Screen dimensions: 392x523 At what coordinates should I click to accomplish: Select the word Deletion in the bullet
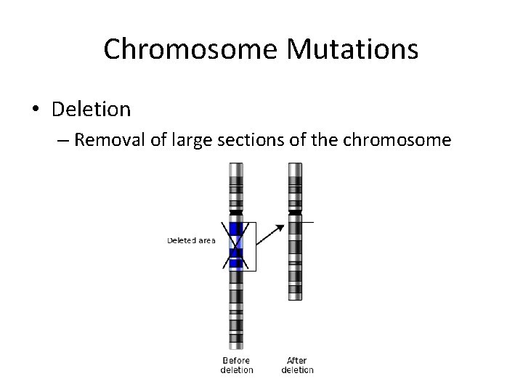point(92,109)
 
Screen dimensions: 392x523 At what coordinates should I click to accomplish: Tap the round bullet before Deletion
point(36,110)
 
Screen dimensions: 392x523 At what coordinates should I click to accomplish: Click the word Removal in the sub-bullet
point(110,139)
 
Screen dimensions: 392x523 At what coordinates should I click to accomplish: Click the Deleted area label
point(191,240)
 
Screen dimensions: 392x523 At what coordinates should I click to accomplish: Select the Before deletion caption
point(237,365)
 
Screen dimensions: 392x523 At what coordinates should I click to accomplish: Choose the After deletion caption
point(297,365)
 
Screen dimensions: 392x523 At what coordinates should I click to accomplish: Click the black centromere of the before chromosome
point(237,213)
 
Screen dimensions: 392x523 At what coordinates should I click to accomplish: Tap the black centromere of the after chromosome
point(295,213)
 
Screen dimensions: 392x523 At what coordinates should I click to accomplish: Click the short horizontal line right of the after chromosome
point(308,221)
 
